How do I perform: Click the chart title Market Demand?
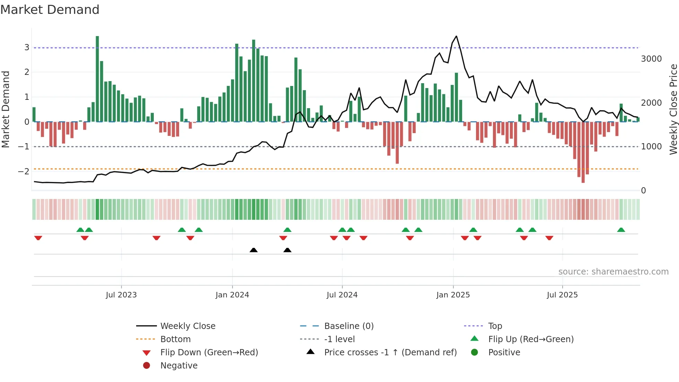click(50, 10)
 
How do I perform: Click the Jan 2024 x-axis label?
click(232, 295)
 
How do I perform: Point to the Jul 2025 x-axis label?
click(562, 295)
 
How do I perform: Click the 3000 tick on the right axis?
click(651, 59)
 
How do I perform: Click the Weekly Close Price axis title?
click(673, 109)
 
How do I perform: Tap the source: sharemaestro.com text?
click(613, 272)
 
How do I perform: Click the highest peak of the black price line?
click(456, 36)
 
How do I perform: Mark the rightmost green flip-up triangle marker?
click(621, 230)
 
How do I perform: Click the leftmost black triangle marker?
click(254, 250)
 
